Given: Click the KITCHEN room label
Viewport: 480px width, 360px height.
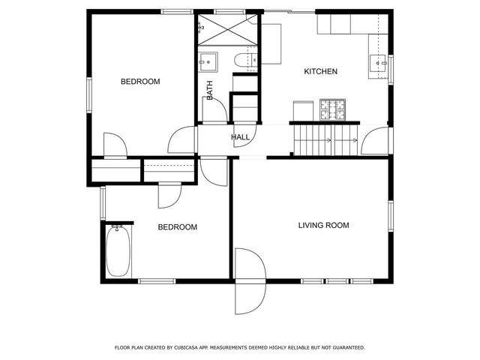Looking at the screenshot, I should click(320, 72).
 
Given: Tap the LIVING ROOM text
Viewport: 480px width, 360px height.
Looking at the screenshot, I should click(323, 225).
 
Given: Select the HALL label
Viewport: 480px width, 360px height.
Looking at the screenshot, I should click(240, 137).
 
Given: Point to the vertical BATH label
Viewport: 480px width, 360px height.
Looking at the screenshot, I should click(210, 90).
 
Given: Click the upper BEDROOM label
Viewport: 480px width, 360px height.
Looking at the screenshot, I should click(140, 82).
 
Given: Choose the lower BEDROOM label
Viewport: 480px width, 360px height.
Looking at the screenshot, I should click(177, 227).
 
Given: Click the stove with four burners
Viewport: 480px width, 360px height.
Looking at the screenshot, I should click(334, 110).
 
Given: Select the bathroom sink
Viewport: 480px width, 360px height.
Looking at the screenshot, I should click(208, 61).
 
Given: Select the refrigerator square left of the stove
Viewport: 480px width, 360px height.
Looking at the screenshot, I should click(302, 111).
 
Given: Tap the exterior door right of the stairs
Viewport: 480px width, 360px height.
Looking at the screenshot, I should click(377, 139).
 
